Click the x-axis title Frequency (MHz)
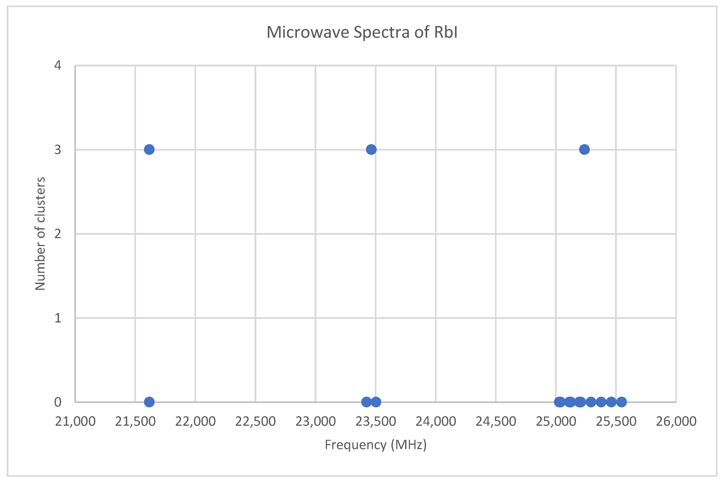pos(376,445)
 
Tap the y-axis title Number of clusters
pos(40,234)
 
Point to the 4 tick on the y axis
pos(58,66)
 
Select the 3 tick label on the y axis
pos(58,150)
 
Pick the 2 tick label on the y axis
pos(58,234)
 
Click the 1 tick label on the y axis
pos(58,318)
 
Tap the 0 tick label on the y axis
pos(58,402)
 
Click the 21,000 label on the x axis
pos(75,422)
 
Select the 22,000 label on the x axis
pos(195,422)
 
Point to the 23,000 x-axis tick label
pos(315,422)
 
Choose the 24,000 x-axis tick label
pos(436,422)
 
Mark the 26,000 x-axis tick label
pos(676,422)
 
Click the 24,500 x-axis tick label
pos(496,422)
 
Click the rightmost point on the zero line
pos(621,402)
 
